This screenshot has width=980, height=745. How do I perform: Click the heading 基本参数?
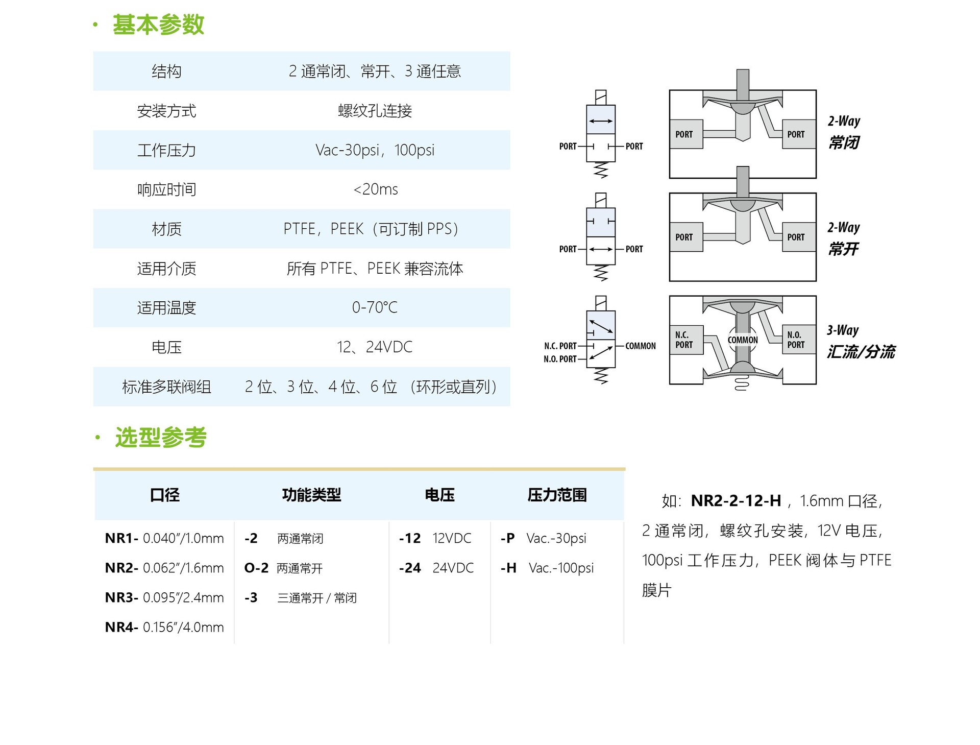click(x=158, y=25)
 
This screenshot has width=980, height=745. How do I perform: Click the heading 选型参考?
click(x=161, y=438)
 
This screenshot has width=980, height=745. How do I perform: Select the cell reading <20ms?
click(x=376, y=189)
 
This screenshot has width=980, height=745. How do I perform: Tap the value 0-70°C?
click(x=375, y=307)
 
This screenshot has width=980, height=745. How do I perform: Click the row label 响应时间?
click(x=166, y=189)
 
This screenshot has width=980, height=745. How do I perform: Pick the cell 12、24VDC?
click(x=375, y=347)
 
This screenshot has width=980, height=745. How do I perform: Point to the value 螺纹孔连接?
click(x=375, y=111)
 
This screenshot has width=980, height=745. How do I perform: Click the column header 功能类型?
click(x=311, y=495)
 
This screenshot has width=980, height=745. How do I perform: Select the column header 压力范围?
click(x=557, y=495)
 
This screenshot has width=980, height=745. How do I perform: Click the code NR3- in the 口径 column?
click(x=121, y=597)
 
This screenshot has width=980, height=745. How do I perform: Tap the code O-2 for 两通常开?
click(x=256, y=568)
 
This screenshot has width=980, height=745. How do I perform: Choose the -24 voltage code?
click(x=410, y=568)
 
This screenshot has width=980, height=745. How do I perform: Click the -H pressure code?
click(x=508, y=568)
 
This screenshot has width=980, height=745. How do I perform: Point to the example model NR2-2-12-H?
click(x=736, y=501)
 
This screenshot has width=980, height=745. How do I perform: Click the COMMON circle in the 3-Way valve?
click(x=743, y=340)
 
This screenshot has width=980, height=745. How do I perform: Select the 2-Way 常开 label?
click(x=844, y=238)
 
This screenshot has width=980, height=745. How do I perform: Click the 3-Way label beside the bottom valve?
click(x=843, y=330)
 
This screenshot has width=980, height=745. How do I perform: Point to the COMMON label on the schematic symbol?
click(x=641, y=346)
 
